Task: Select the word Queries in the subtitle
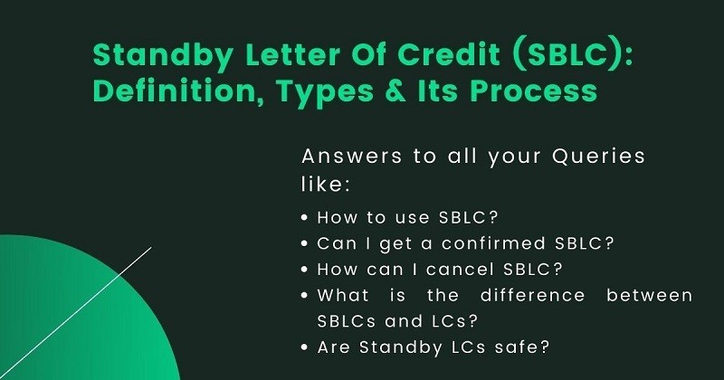[x=598, y=156]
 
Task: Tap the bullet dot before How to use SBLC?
[x=306, y=218]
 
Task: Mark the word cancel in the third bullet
[x=465, y=270]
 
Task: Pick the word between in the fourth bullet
[x=655, y=295]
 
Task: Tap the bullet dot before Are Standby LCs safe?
[x=306, y=347]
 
